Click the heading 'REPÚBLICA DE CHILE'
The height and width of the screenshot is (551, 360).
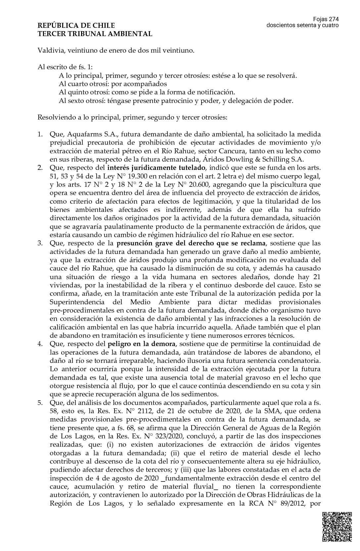coord(76,25)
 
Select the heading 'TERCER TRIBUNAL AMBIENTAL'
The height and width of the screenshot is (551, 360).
coord(95,34)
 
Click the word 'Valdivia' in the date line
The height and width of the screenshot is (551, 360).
coord(50,51)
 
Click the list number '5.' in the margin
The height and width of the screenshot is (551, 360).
coord(40,403)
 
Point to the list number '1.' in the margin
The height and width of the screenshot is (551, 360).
coord(40,134)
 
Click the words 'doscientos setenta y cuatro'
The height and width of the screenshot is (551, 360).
coord(302,25)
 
